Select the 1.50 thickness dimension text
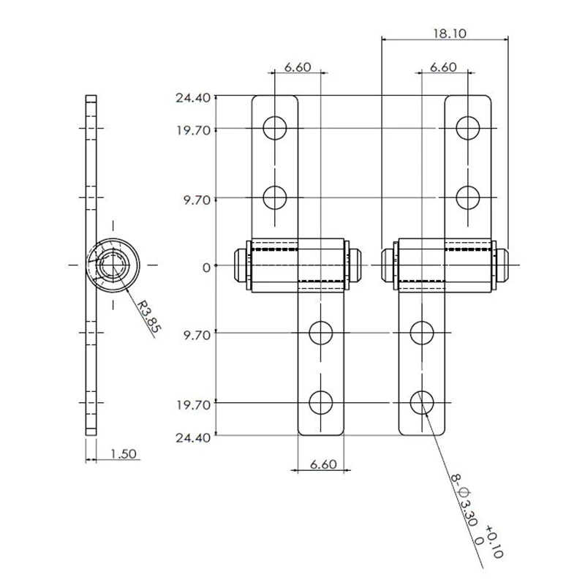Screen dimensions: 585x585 click(124, 454)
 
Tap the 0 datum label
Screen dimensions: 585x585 click(206, 267)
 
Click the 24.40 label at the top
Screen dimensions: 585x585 click(192, 97)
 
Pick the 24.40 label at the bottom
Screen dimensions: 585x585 click(192, 437)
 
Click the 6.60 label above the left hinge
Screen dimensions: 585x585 click(298, 67)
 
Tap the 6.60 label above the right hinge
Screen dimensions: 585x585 click(443, 67)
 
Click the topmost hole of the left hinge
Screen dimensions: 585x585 click(275, 128)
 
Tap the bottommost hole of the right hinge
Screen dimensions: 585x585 click(422, 401)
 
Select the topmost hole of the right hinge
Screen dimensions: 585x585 click(468, 128)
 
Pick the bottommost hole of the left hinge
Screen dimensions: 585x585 click(320, 401)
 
